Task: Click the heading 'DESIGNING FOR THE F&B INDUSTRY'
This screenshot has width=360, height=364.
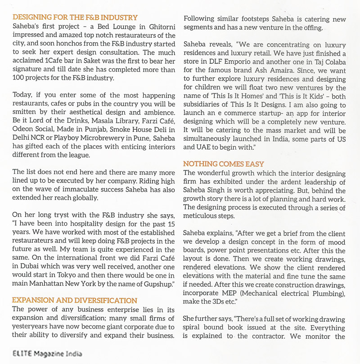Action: pyautogui.click(x=75, y=18)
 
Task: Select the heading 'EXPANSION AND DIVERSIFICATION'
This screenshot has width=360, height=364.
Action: pyautogui.click(x=75, y=300)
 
